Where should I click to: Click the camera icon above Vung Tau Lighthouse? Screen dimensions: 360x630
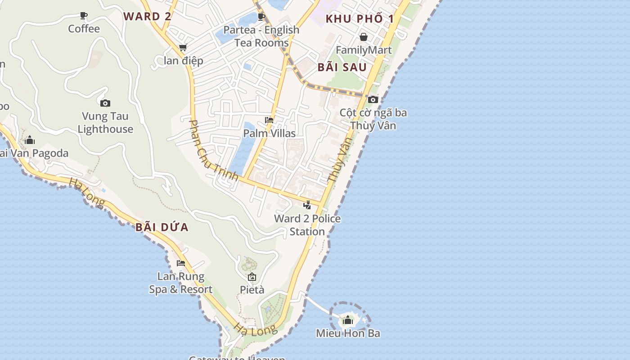[x=105, y=103]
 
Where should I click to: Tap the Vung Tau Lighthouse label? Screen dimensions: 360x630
[x=105, y=122]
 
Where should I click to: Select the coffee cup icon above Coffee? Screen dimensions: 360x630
[x=84, y=16]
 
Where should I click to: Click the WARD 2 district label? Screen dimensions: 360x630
[x=148, y=17]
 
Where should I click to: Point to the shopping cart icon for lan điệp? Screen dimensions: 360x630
[x=183, y=47]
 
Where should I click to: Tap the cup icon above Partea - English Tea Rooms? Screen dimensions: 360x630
[x=261, y=17]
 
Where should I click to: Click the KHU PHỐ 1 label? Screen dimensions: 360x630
[x=360, y=19]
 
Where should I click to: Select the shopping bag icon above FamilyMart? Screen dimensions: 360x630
[x=363, y=37]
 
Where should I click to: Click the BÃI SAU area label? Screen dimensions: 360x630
[x=342, y=67]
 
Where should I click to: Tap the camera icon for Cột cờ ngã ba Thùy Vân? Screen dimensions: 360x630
[x=373, y=99]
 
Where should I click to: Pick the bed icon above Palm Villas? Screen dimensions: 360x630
[x=269, y=120]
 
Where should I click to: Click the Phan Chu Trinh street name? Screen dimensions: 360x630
[x=213, y=150]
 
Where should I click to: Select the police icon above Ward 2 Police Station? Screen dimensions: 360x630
[x=307, y=205]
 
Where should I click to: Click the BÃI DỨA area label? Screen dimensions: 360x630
[x=162, y=227]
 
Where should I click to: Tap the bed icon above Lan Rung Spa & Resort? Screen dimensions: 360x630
[x=181, y=263]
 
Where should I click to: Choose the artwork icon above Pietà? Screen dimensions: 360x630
[x=252, y=277]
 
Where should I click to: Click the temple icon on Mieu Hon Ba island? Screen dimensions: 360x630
[x=348, y=320]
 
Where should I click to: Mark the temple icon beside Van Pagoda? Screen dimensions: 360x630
[x=30, y=140]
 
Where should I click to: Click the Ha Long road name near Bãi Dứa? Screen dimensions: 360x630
[x=87, y=193]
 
